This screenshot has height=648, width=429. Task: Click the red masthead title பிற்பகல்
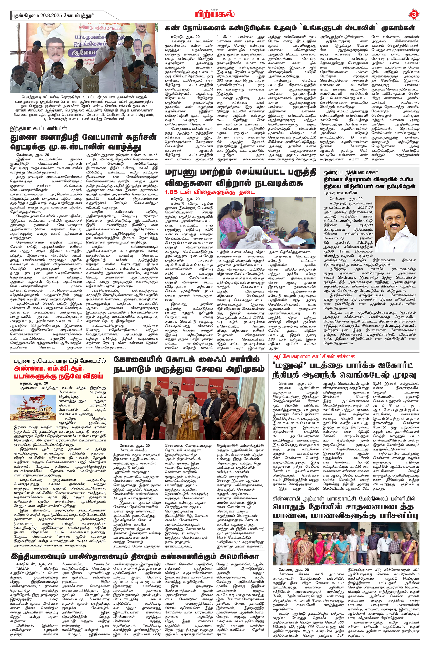214,14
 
